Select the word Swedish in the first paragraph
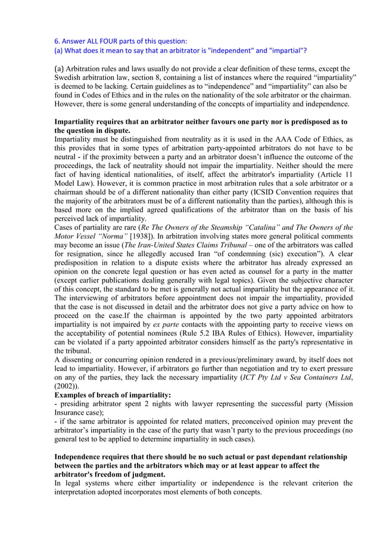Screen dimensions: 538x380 tap(70, 78)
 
